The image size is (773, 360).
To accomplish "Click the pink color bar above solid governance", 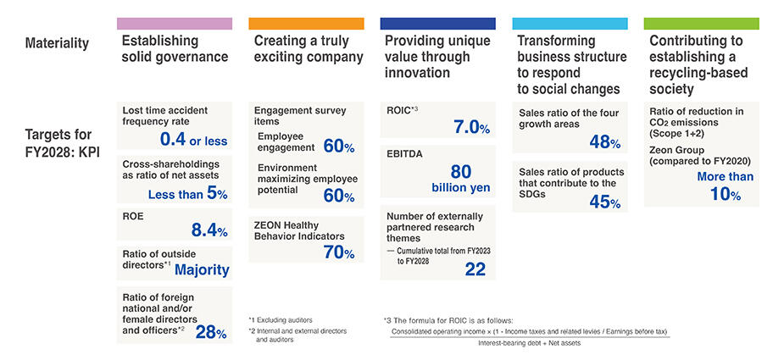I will [174, 23].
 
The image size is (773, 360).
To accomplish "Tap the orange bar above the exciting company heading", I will [306, 23].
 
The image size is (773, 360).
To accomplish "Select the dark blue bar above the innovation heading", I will [437, 23].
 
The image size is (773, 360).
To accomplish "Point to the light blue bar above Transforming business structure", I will [570, 23].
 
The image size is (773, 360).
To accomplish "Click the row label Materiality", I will [57, 42].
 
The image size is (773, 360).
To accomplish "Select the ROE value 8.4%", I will [210, 230].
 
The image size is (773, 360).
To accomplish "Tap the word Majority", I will [202, 269].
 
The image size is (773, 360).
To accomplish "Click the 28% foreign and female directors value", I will [211, 332].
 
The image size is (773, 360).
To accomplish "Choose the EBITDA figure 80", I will [461, 170].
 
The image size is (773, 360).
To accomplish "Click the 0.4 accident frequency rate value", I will [174, 138].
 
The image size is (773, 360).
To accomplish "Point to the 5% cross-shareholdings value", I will [217, 194].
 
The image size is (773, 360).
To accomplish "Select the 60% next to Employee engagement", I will [338, 147].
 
